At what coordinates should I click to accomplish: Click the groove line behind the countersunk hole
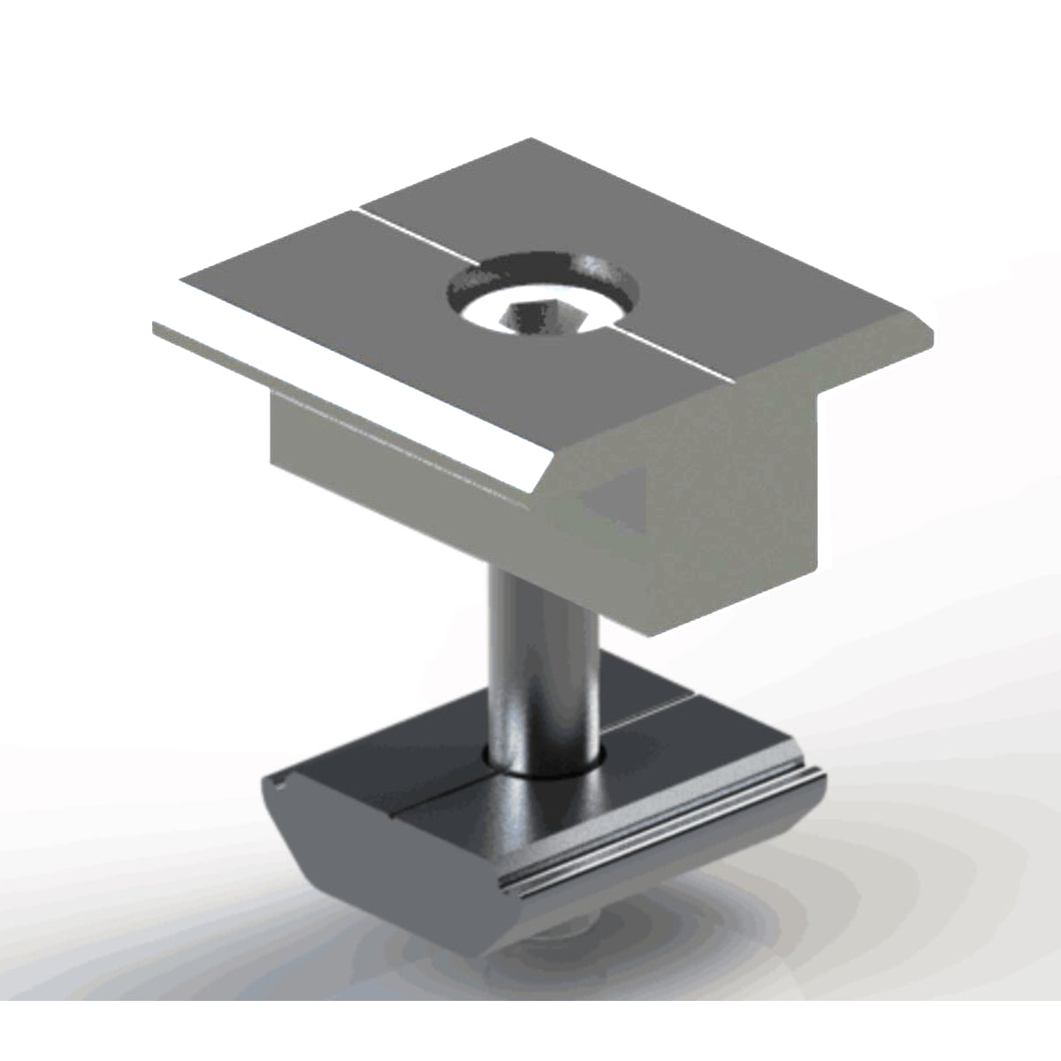416,235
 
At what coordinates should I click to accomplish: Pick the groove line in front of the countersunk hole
681,358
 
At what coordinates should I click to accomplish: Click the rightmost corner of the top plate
933,330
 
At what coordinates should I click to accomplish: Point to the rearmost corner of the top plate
530,139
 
